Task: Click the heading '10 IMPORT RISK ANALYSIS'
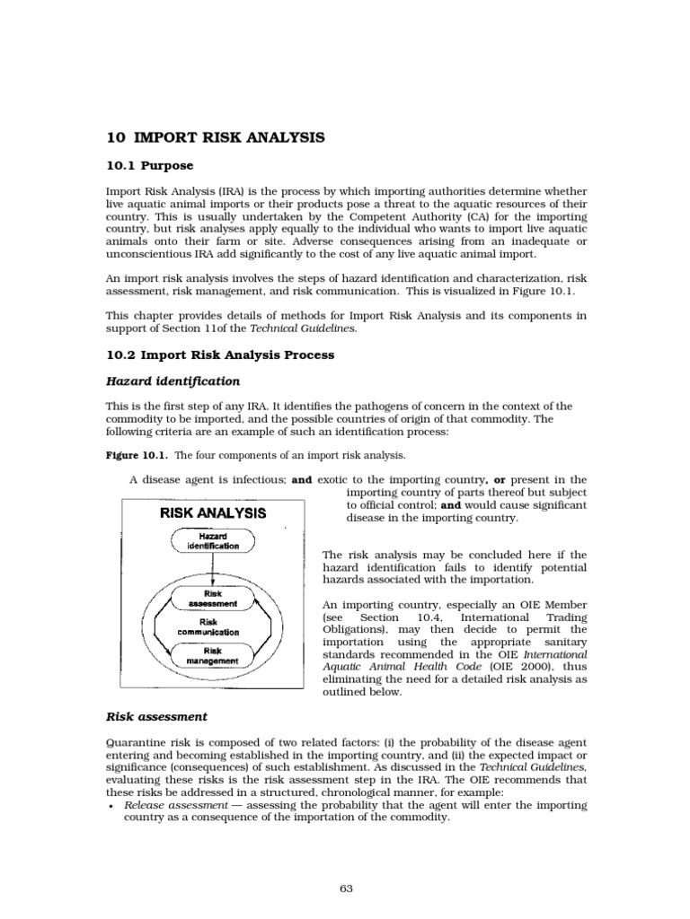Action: click(x=215, y=137)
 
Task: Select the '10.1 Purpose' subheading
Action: click(x=149, y=166)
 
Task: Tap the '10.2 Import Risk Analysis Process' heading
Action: click(x=220, y=354)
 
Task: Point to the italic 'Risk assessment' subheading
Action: click(x=156, y=716)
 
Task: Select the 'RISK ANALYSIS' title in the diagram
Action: click(x=213, y=513)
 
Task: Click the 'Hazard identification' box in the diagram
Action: click(x=213, y=540)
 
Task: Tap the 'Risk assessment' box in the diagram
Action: click(x=213, y=599)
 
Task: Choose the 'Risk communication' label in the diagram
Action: click(x=213, y=626)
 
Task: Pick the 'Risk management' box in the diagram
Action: click(x=213, y=656)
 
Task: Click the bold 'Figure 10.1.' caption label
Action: click(x=129, y=456)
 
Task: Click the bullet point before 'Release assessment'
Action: click(x=110, y=807)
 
